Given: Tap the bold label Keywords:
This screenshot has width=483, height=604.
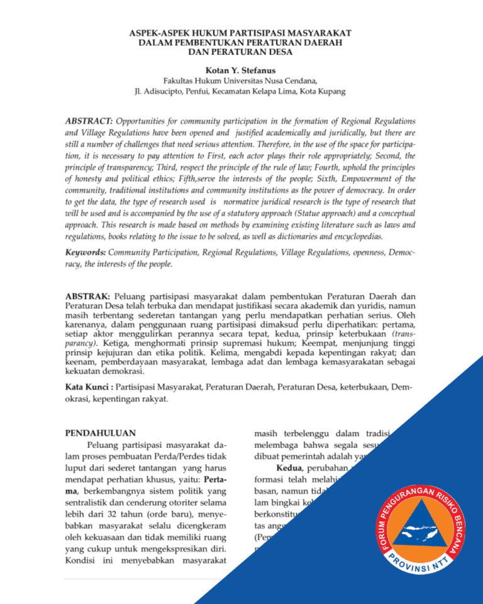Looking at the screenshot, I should tap(86, 252).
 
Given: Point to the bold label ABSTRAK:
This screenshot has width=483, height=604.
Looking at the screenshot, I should tap(88, 295).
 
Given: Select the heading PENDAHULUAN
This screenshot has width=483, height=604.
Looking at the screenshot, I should tap(100, 433).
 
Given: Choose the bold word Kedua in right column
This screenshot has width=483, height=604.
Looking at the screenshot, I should tap(289, 468).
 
